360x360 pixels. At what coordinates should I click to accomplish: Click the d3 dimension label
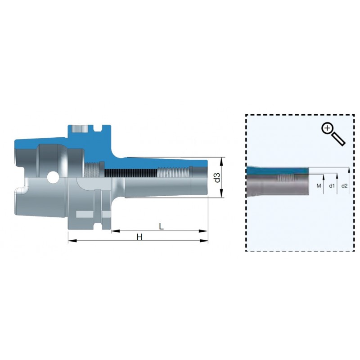click(x=217, y=177)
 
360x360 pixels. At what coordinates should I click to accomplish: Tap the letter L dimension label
click(x=162, y=227)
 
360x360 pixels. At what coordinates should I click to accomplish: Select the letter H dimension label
click(x=139, y=237)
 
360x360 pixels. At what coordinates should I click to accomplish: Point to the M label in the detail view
click(x=319, y=186)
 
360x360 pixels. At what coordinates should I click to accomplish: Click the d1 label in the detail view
click(x=332, y=186)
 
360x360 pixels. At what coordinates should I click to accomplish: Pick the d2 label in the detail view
click(x=344, y=186)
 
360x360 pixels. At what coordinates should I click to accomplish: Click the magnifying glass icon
click(x=333, y=134)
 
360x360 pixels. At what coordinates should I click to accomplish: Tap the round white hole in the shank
click(x=53, y=177)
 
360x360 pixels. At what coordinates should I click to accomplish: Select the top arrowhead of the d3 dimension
click(x=221, y=162)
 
